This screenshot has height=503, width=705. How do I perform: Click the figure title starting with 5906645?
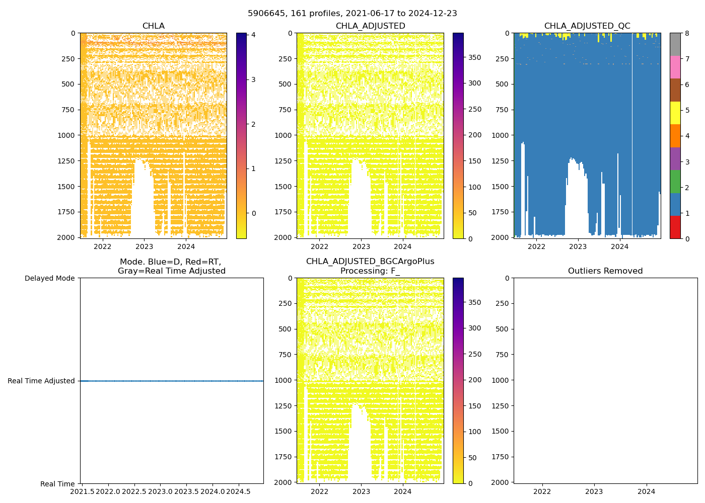point(352,14)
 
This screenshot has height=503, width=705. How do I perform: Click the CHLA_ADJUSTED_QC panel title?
point(587,26)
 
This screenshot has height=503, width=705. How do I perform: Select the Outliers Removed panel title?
point(605,271)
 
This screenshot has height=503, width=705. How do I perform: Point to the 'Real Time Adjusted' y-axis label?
point(41,381)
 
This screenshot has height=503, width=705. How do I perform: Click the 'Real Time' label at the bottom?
point(57,484)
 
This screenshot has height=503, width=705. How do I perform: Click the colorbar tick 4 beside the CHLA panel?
point(253,35)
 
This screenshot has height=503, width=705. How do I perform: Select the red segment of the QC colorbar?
point(675,227)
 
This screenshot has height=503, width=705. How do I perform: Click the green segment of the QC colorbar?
point(675,181)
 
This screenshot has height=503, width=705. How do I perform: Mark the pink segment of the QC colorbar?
point(675,67)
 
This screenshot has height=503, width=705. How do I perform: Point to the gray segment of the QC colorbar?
point(675,44)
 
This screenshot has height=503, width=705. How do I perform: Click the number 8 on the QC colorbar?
point(687,33)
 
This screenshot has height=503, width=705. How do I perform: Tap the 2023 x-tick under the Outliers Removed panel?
point(594,491)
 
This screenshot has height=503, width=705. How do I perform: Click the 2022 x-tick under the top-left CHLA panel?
point(103,246)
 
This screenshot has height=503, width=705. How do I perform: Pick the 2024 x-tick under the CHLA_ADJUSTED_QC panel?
point(619,246)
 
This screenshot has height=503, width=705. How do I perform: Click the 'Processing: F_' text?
point(370,271)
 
